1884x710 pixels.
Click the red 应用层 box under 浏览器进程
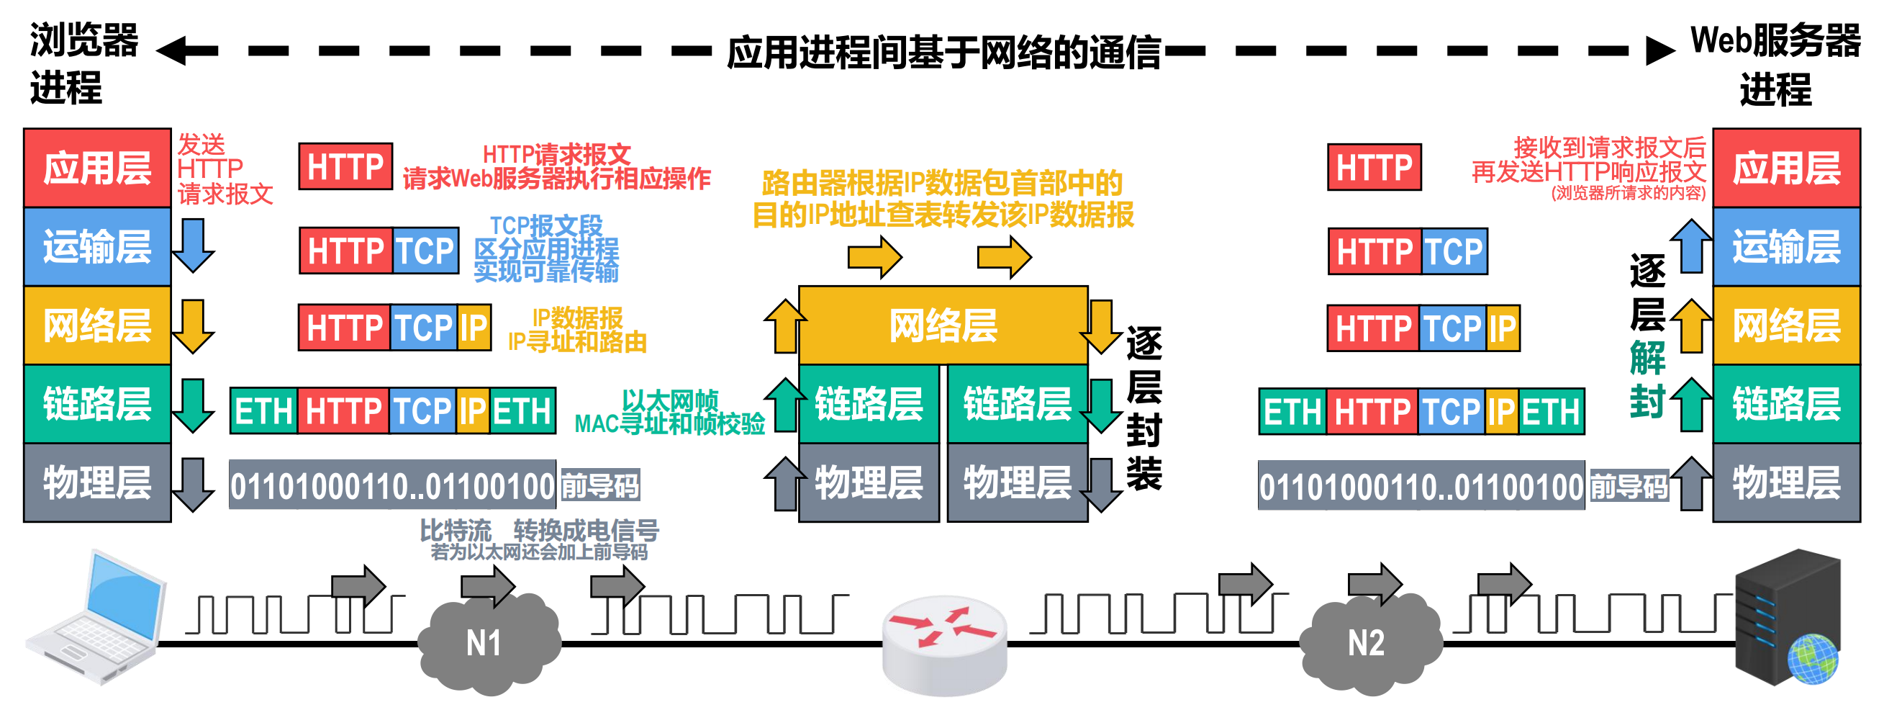click(97, 168)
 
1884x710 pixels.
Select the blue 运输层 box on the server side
click(1785, 247)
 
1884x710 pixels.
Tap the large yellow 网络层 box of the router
click(943, 325)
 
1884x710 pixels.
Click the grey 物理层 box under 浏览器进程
click(97, 482)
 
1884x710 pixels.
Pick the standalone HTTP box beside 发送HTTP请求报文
click(345, 167)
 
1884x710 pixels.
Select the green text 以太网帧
click(670, 400)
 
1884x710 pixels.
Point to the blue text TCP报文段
click(545, 225)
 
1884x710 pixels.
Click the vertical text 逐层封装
click(1144, 408)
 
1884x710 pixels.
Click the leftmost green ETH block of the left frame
click(264, 410)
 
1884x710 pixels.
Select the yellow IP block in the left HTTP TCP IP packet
click(474, 327)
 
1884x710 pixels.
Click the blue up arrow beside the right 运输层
click(1690, 246)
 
